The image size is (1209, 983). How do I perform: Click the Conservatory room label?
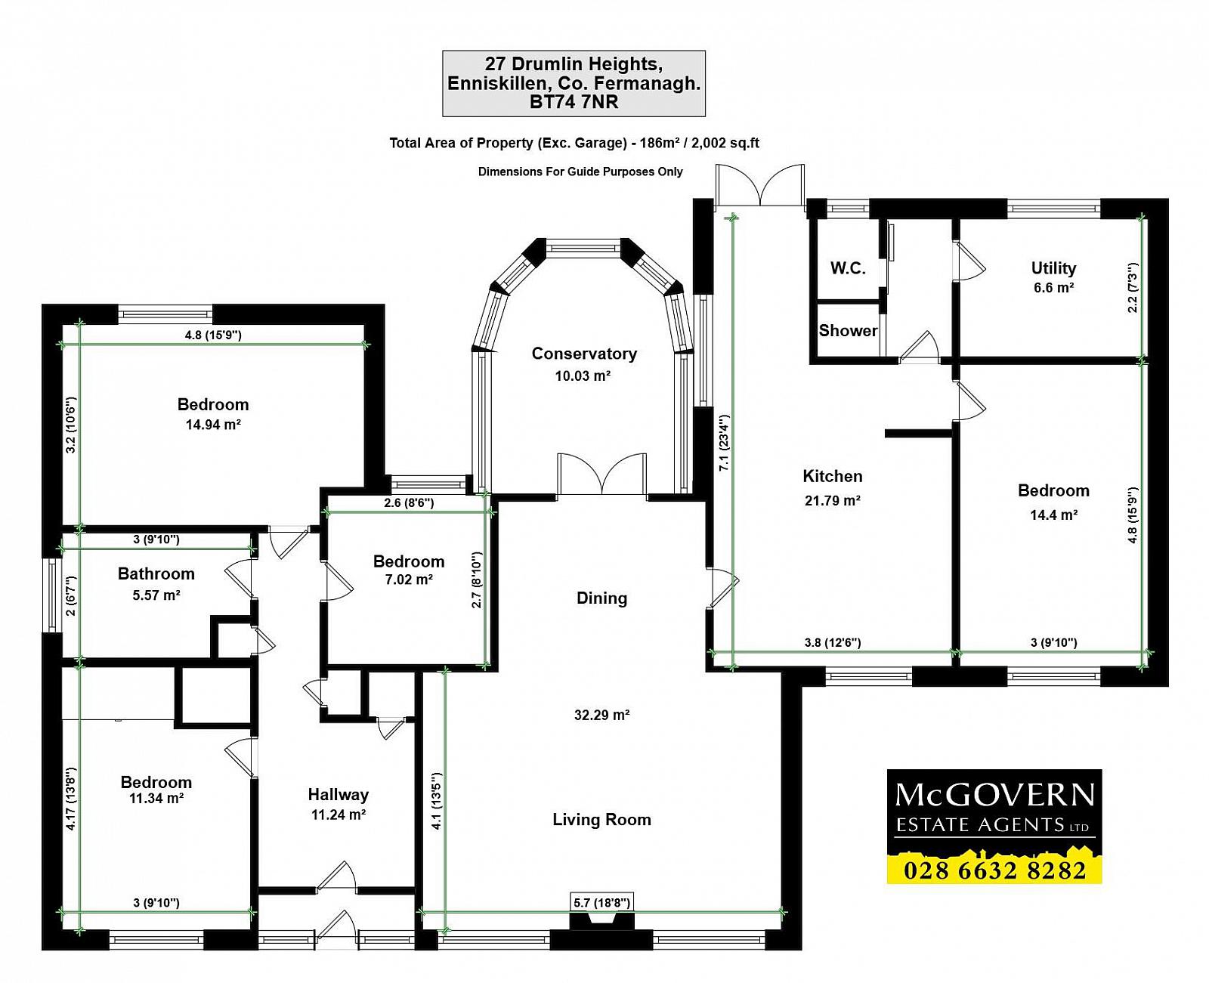[x=584, y=354]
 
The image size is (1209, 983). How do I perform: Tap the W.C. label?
[x=848, y=268]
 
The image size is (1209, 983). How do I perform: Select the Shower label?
[x=848, y=330]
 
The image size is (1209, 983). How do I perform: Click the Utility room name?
[x=1053, y=268]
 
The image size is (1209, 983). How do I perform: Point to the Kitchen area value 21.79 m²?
[x=832, y=501]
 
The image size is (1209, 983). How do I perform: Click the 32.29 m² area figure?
[x=601, y=715]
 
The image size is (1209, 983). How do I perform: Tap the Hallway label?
[x=339, y=795]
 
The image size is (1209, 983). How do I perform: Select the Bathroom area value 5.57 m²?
[x=156, y=595]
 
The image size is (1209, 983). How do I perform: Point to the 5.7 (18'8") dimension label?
[x=601, y=902]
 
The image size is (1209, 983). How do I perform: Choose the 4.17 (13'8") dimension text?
[x=71, y=799]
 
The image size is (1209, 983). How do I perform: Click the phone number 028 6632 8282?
[x=994, y=870]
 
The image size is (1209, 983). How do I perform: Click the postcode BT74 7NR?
[x=574, y=102]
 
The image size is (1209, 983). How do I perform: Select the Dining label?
[x=601, y=598]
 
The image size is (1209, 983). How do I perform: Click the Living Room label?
[x=601, y=820]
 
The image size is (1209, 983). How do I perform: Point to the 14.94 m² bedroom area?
[x=213, y=425]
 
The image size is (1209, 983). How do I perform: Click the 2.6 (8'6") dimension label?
[x=409, y=503]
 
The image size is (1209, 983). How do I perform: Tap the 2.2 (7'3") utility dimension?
[x=1133, y=288]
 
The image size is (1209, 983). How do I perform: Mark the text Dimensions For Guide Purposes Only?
[x=580, y=172]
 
